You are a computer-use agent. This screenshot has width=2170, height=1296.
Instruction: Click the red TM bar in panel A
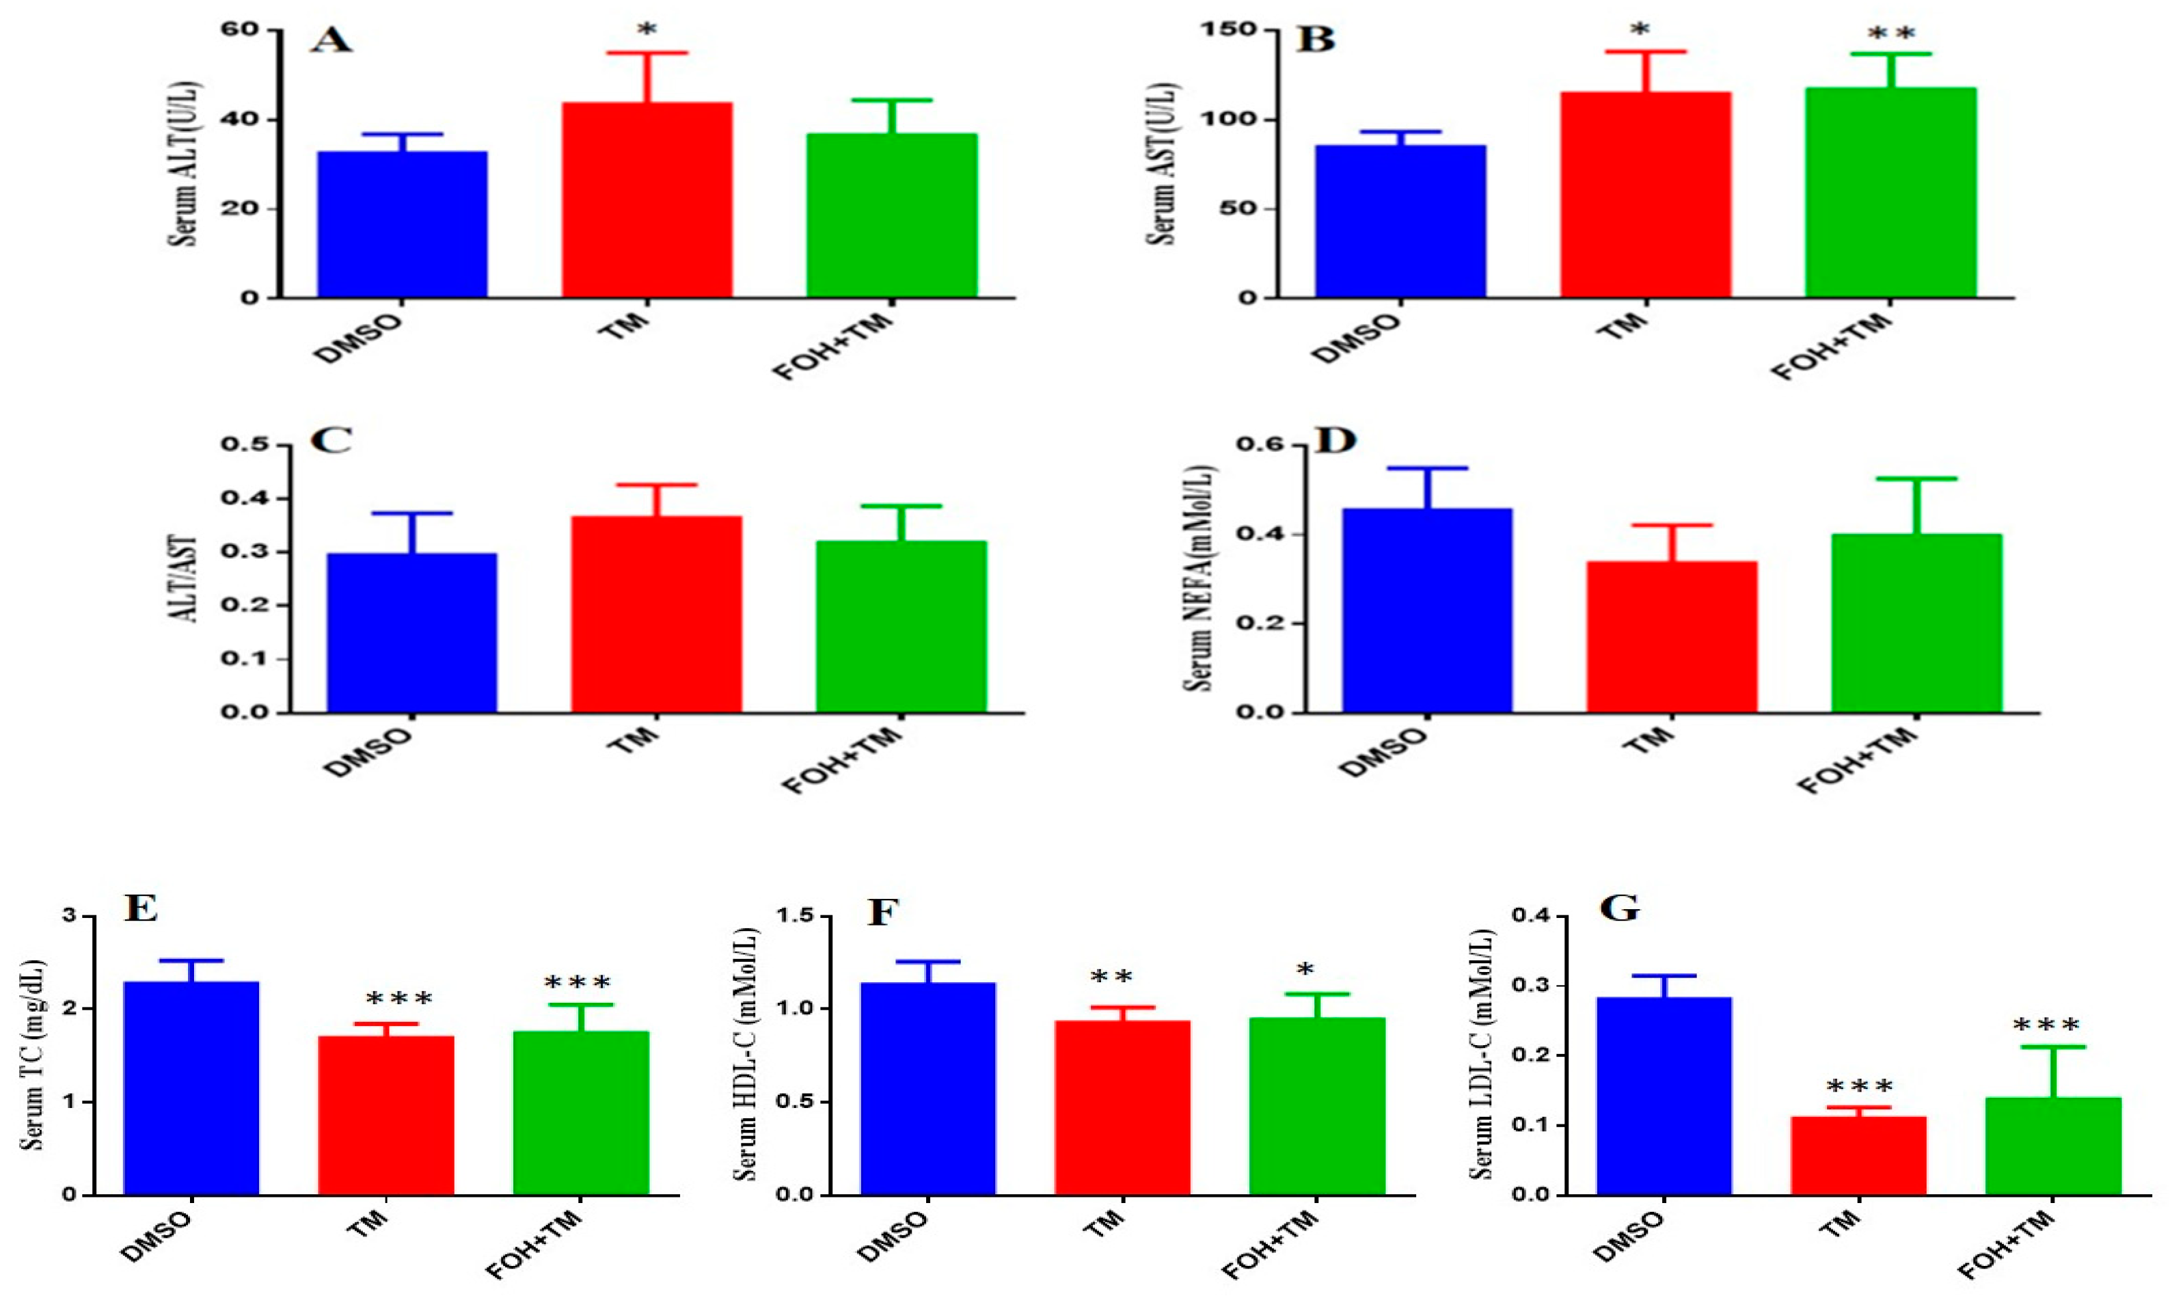(x=646, y=200)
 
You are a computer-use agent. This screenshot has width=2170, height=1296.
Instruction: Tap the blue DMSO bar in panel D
(x=1427, y=610)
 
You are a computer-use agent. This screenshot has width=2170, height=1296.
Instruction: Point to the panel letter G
(x=1618, y=909)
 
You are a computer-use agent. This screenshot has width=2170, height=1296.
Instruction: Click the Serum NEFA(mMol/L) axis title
(x=1201, y=578)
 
